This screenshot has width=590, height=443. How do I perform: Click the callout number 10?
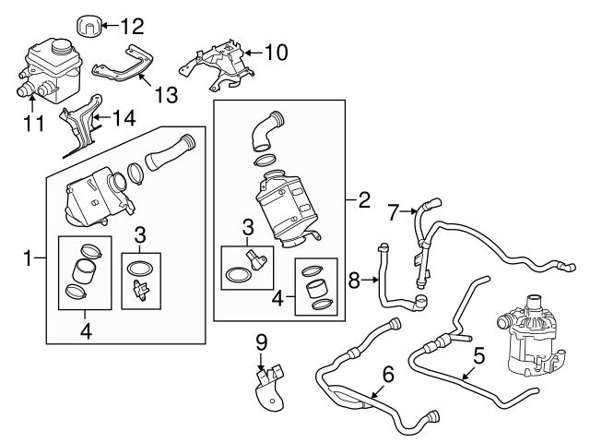coord(276,52)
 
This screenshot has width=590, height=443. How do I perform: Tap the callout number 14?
coord(124,117)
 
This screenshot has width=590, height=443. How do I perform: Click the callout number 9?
coord(261,342)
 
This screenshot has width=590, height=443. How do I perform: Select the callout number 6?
coord(387,375)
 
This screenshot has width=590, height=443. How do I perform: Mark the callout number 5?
coord(478,353)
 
